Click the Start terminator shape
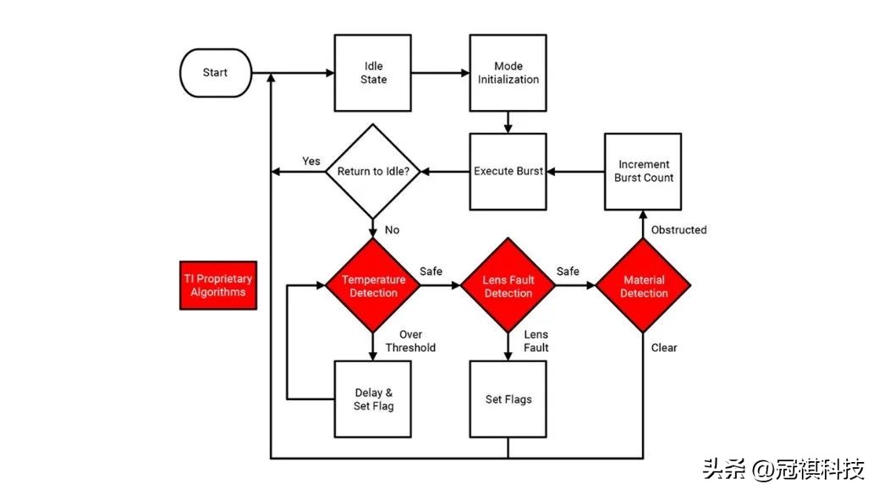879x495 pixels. click(x=216, y=73)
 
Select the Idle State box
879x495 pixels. click(x=373, y=73)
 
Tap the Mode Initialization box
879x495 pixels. click(x=508, y=73)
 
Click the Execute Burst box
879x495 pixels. click(x=508, y=172)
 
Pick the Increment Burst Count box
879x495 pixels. click(x=643, y=172)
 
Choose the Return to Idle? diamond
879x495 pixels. click(x=373, y=172)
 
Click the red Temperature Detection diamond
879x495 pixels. click(x=373, y=286)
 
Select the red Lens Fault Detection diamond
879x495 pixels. click(x=508, y=286)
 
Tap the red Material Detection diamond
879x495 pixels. click(x=643, y=286)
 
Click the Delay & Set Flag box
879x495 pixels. click(x=373, y=399)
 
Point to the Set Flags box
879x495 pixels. click(x=508, y=399)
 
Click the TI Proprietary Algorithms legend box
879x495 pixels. click(x=217, y=285)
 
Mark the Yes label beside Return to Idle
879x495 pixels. click(x=311, y=162)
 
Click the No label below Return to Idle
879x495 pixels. click(x=393, y=229)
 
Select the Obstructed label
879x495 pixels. click(x=678, y=229)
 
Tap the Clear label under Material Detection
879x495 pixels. click(x=664, y=347)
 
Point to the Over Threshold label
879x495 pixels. click(x=410, y=341)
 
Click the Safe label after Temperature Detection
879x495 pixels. click(x=431, y=272)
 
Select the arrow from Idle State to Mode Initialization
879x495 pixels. click(x=440, y=73)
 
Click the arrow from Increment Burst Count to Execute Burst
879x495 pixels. click(x=575, y=172)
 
